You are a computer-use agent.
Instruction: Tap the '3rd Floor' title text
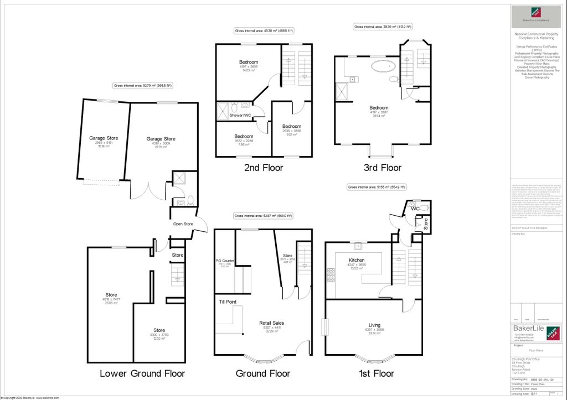point(382,168)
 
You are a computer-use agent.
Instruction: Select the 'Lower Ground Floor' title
point(142,373)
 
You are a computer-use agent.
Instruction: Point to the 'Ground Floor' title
point(263,373)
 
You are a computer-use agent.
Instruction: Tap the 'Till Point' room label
point(228,302)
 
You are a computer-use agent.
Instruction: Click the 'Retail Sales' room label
point(272,323)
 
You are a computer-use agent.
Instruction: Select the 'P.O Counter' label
point(225,261)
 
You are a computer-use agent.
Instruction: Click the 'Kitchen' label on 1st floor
point(356,260)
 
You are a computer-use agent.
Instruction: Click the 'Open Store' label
point(182,224)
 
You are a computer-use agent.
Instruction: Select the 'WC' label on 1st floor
point(415,209)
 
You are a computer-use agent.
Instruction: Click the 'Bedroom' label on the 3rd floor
point(379,108)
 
